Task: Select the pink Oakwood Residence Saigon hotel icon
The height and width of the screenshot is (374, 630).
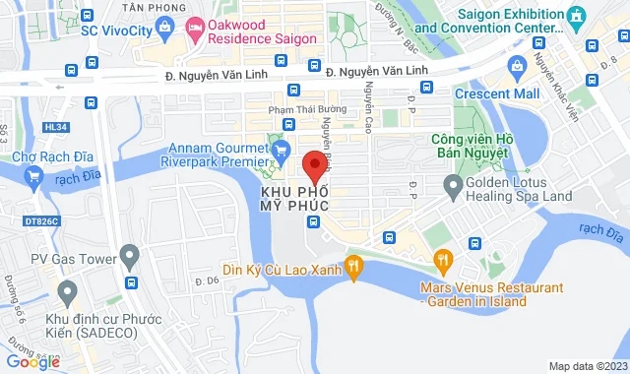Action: pos(193,27)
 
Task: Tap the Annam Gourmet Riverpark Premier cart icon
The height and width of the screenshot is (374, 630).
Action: pos(281,150)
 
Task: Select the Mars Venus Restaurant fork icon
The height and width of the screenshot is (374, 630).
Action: pos(443,261)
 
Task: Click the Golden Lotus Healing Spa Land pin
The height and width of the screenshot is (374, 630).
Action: pos(453,184)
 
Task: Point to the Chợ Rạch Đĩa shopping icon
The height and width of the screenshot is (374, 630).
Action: pos(34,176)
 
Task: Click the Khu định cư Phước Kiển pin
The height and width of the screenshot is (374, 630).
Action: pos(67,292)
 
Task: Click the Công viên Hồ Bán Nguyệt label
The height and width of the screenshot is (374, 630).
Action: pos(470,147)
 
